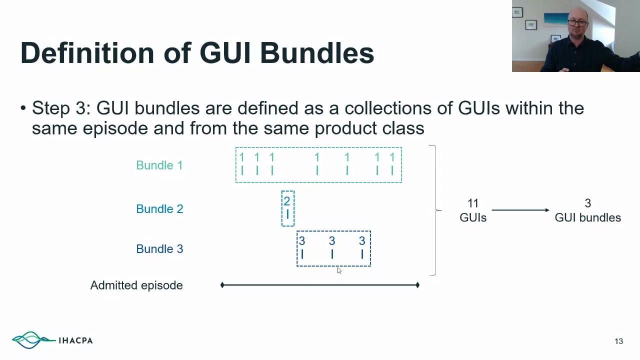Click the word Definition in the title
(87, 53)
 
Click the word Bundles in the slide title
(317, 53)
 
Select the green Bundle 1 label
(159, 165)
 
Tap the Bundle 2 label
(159, 209)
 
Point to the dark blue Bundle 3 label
(159, 249)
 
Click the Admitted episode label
(136, 285)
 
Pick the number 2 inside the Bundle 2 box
(287, 201)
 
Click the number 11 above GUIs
(473, 203)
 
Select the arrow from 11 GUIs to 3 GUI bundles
(520, 210)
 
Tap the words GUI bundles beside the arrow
(587, 217)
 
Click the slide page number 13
(618, 341)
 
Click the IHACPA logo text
(75, 340)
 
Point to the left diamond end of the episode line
(222, 285)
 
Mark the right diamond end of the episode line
(417, 285)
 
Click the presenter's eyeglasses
(577, 22)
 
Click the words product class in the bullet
(369, 128)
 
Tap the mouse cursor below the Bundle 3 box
(339, 270)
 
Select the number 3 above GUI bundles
(587, 203)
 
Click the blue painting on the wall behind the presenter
(556, 19)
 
